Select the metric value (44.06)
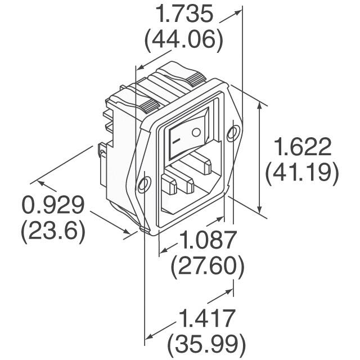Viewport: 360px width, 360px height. [184, 40]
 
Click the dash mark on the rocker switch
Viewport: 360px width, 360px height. [176, 139]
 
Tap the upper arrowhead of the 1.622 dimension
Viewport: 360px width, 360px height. [260, 105]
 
